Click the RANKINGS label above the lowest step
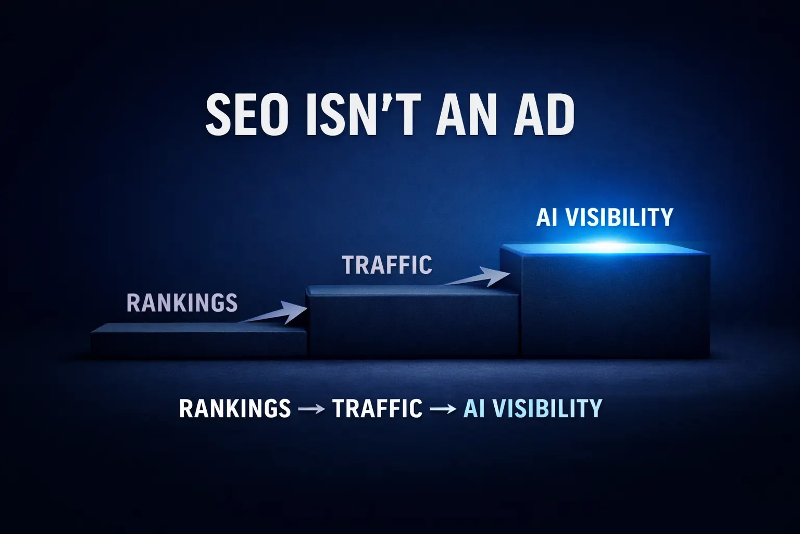[x=182, y=302]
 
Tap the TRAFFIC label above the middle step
[x=387, y=265]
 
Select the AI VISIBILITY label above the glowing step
[x=605, y=217]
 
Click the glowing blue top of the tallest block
[x=605, y=249]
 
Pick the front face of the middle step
[x=414, y=325]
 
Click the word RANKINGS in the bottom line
[x=235, y=408]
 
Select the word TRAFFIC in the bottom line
[x=378, y=408]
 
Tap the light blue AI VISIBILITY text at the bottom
[x=532, y=408]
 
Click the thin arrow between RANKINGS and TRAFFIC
[x=311, y=409]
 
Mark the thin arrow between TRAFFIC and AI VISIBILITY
[x=443, y=409]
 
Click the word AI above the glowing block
[x=547, y=217]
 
